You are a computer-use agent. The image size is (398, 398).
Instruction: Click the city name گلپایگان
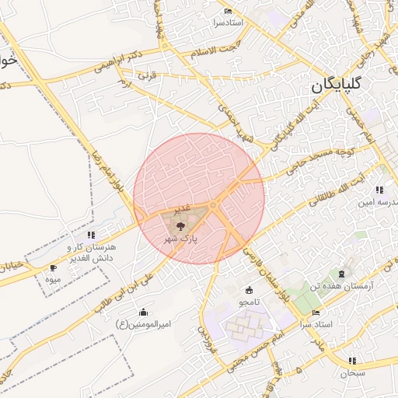(x=347, y=86)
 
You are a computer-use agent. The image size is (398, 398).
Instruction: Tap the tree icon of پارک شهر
(x=180, y=227)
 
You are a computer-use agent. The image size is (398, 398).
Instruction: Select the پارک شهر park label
(x=180, y=240)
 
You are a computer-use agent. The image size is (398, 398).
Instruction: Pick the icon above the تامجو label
(x=249, y=290)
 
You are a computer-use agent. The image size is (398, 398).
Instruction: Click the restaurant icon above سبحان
(x=353, y=361)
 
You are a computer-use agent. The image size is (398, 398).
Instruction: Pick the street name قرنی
(x=147, y=77)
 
